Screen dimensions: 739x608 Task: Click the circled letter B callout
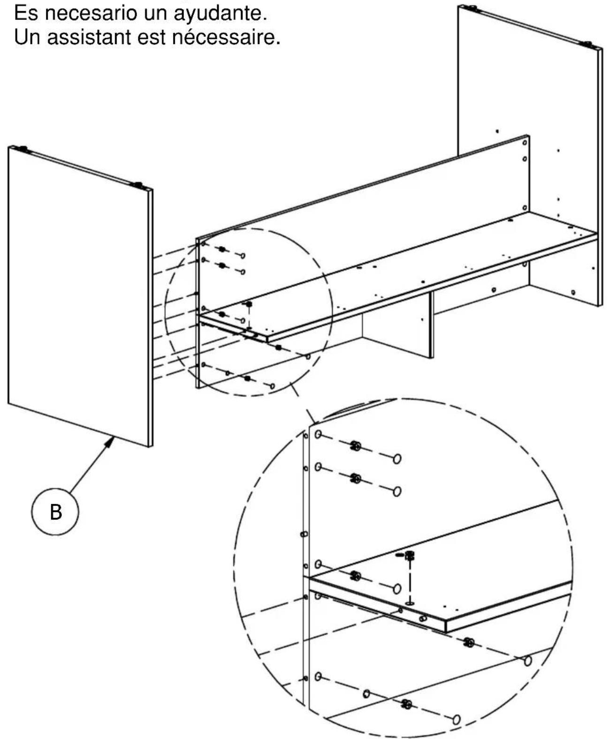pyautogui.click(x=55, y=512)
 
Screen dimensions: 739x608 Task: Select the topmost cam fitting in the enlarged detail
pyautogui.click(x=356, y=446)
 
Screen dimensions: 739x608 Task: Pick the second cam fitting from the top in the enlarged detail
pyautogui.click(x=356, y=479)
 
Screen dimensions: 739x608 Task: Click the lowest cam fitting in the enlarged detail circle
pyautogui.click(x=407, y=704)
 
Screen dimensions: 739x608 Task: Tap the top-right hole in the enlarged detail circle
pyautogui.click(x=397, y=459)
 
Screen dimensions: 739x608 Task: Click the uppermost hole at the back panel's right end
pyautogui.click(x=525, y=142)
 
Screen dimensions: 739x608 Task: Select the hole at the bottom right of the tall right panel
pyautogui.click(x=573, y=292)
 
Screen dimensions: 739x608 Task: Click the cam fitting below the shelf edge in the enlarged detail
pyautogui.click(x=468, y=642)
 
